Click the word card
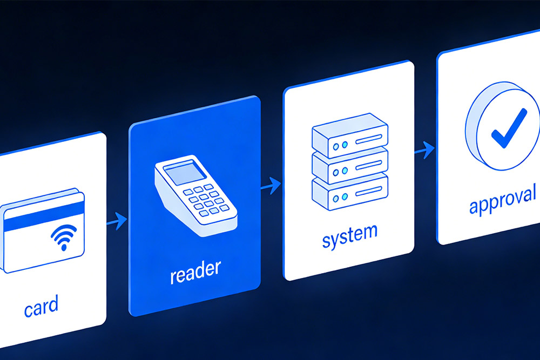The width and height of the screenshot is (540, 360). pyautogui.click(x=41, y=306)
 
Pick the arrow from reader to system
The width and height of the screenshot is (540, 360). pyautogui.click(x=271, y=185)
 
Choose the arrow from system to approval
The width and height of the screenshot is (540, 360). pyautogui.click(x=425, y=150)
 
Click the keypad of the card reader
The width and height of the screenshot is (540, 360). pyautogui.click(x=204, y=200)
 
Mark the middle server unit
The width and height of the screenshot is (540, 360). pyautogui.click(x=349, y=163)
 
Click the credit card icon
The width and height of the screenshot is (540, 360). pyautogui.click(x=42, y=229)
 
